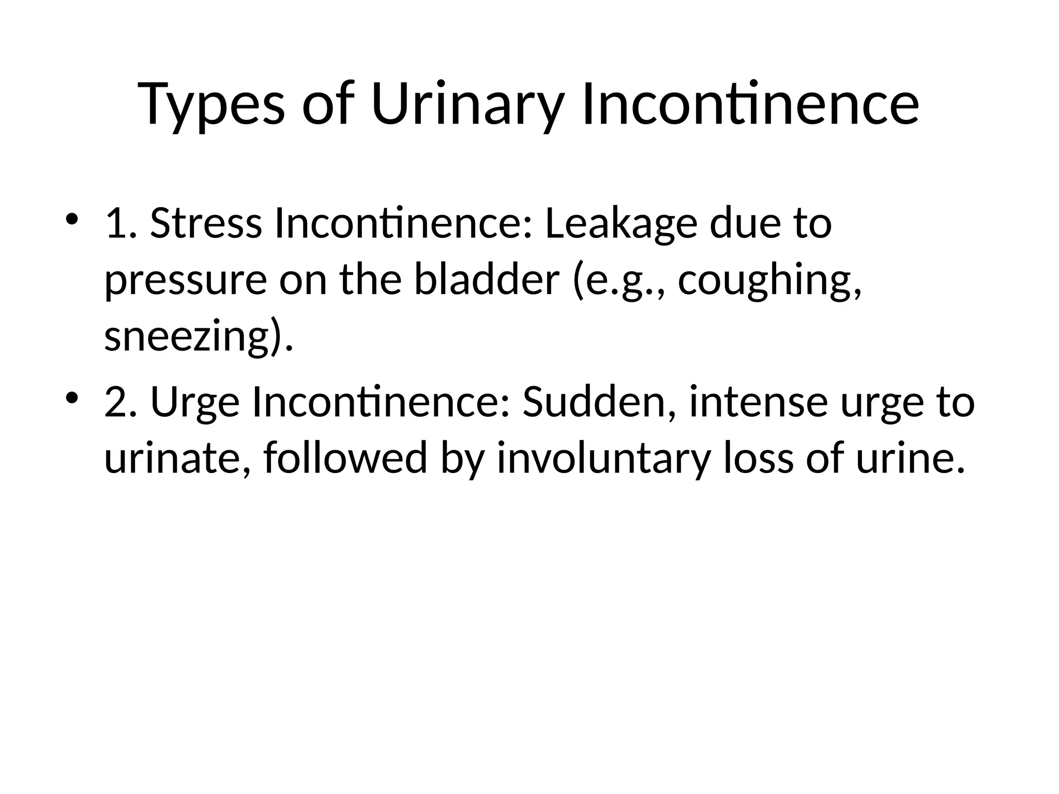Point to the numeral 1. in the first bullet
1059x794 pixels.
[120, 223]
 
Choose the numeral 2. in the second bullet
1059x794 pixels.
[120, 402]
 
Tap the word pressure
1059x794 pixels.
[186, 282]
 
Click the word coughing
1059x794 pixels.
[769, 282]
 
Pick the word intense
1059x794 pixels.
[758, 402]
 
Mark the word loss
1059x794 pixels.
[758, 459]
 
